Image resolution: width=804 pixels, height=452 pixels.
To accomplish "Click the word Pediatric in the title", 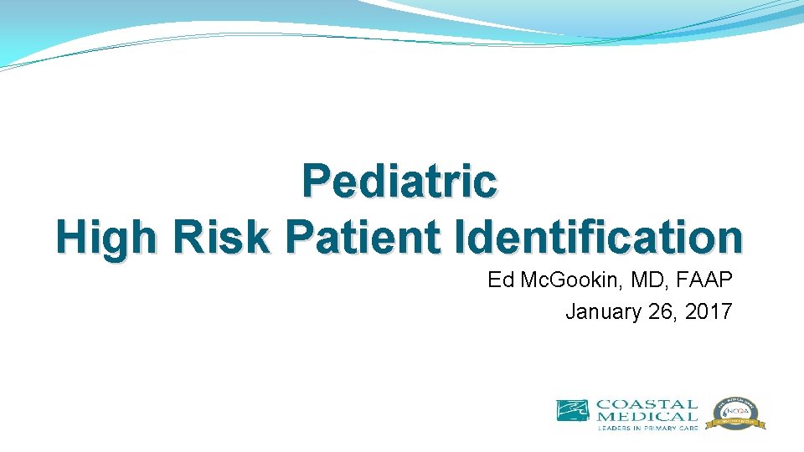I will coord(399,182).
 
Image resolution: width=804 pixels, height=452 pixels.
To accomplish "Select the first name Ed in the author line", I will coord(500,280).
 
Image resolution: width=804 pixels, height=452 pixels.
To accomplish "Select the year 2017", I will coord(709,312).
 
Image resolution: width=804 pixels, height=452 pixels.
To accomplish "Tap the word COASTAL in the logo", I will coord(646,404).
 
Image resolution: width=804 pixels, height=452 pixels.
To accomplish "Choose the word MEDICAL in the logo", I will coord(646,416).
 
